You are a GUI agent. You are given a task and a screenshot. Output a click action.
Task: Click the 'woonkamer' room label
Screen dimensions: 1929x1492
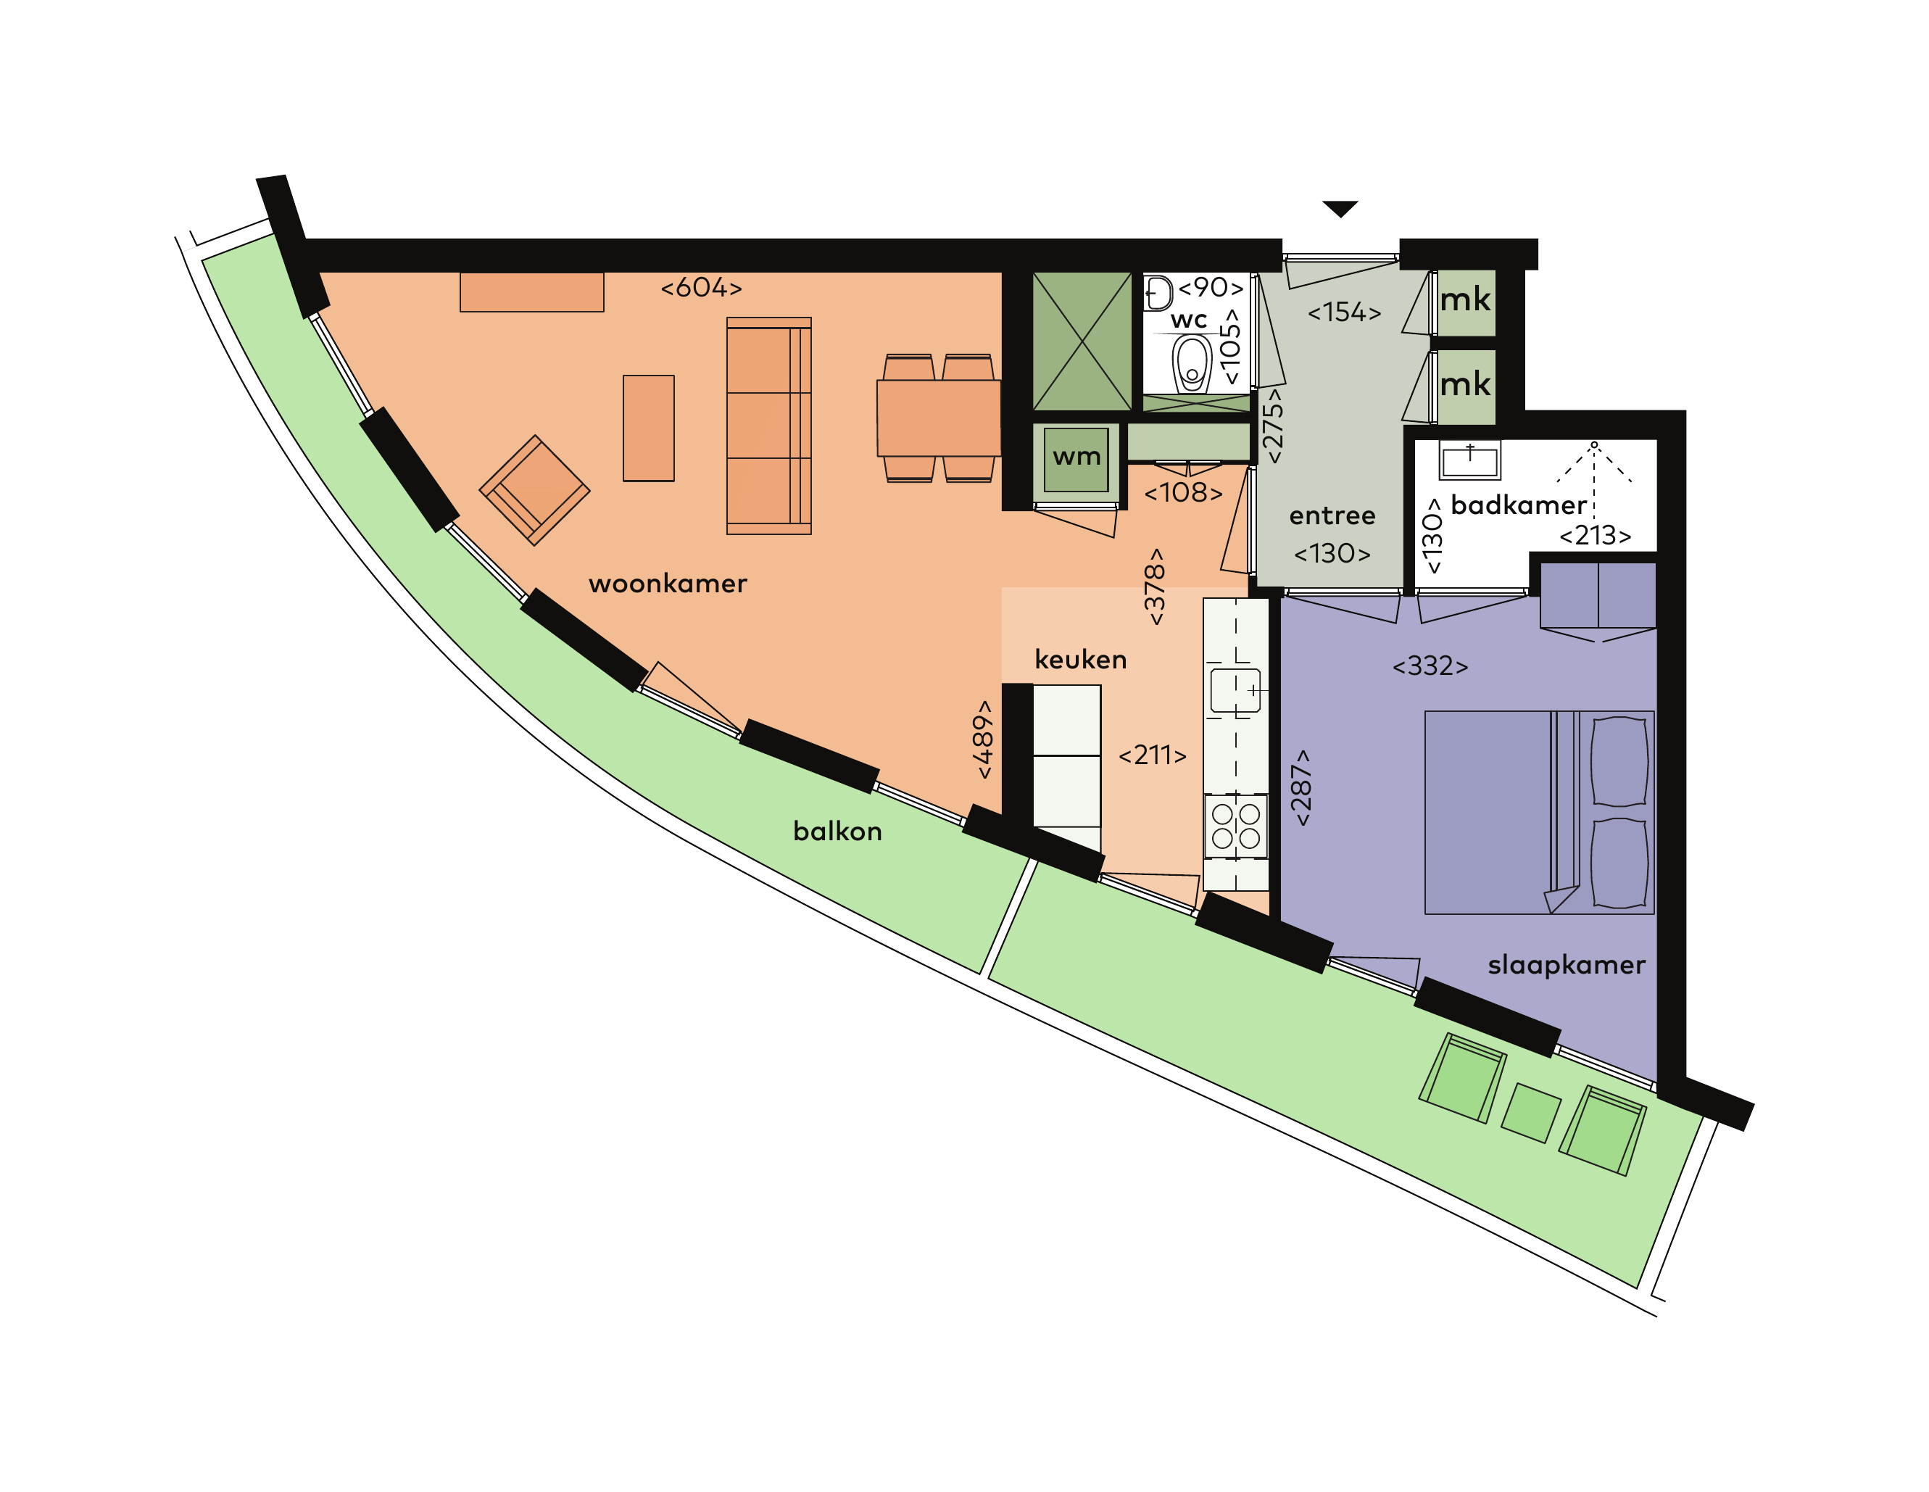668,583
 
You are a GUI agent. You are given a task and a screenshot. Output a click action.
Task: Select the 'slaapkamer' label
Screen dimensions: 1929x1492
1566,965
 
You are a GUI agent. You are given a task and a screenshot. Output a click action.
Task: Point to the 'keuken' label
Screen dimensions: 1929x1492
1080,659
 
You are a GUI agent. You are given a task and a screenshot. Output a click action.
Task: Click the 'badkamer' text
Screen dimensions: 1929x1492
1518,505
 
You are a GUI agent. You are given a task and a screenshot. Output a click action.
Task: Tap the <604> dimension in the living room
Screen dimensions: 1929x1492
701,287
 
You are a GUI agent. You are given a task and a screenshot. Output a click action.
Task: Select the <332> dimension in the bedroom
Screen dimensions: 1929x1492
1430,666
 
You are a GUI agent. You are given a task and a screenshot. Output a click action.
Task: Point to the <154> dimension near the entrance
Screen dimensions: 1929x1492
1344,312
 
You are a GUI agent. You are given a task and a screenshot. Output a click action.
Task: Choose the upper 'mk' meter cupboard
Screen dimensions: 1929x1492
1465,302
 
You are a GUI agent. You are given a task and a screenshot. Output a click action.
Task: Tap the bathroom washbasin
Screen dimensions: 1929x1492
1469,460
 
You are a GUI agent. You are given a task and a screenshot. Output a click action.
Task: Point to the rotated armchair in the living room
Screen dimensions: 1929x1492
534,490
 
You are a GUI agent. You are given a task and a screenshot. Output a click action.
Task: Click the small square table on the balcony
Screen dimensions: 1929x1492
1530,1113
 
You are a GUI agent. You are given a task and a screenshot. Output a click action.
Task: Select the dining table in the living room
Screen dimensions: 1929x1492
938,418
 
